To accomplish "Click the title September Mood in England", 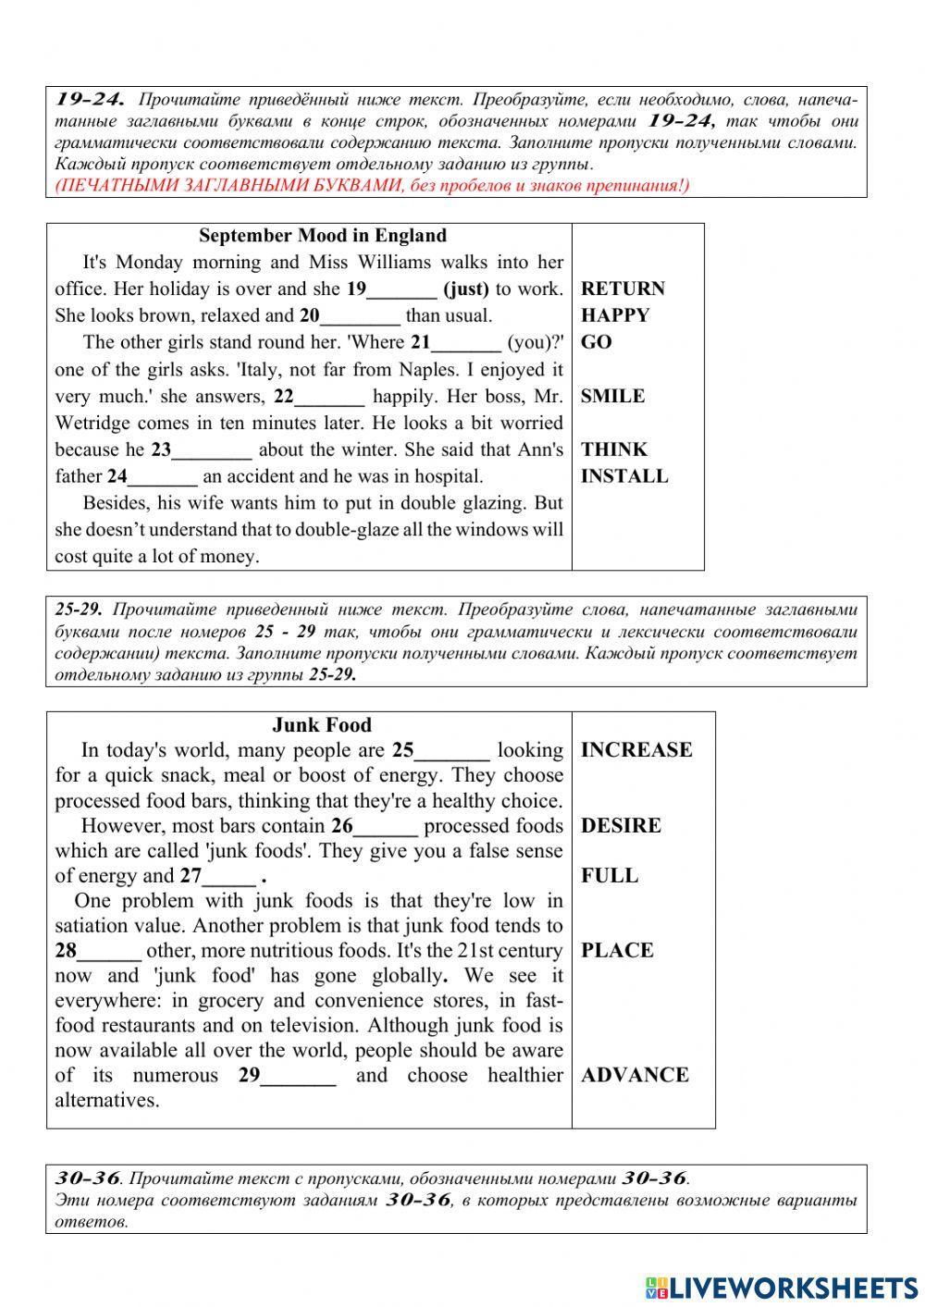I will pos(323,236).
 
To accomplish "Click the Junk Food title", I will pos(322,725).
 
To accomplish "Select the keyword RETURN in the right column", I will pos(623,289).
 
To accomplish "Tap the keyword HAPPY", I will pos(615,315).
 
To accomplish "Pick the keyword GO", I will pos(597,342).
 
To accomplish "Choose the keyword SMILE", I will pos(612,396).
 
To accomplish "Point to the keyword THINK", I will pos(614,450).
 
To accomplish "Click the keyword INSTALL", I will pos(624,476).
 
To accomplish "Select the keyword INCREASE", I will pos(636,750).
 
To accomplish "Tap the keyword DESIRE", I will pos(621,826).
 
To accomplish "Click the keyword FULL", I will pos(609,876).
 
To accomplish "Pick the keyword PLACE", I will pos(617,951).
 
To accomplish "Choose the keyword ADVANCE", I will pos(635,1075).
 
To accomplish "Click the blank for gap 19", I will pos(401,290).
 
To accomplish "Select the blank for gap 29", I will pos(299,1077).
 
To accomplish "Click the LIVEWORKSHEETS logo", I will pos(782,1288).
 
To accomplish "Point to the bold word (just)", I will pos(466,289).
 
